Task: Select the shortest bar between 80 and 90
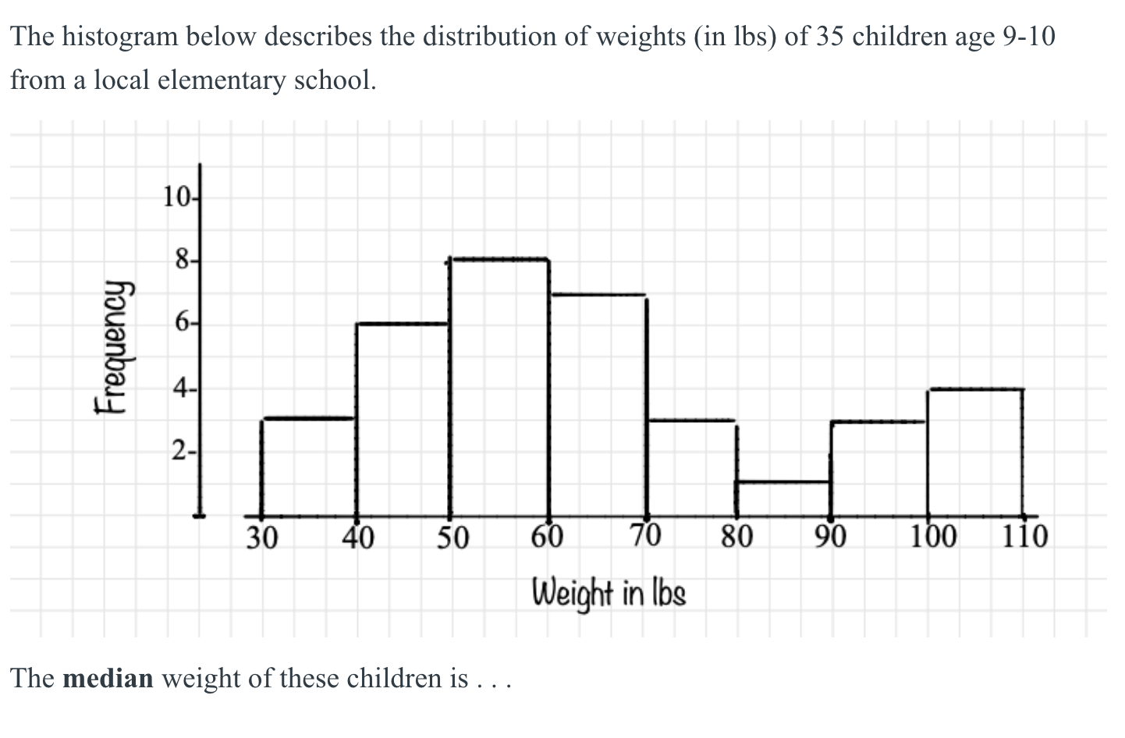point(783,499)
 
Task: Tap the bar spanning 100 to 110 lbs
point(974,452)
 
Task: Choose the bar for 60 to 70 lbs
point(598,405)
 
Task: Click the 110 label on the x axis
point(1025,537)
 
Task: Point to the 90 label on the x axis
point(832,537)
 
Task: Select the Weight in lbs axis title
point(609,594)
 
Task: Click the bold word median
point(108,679)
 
